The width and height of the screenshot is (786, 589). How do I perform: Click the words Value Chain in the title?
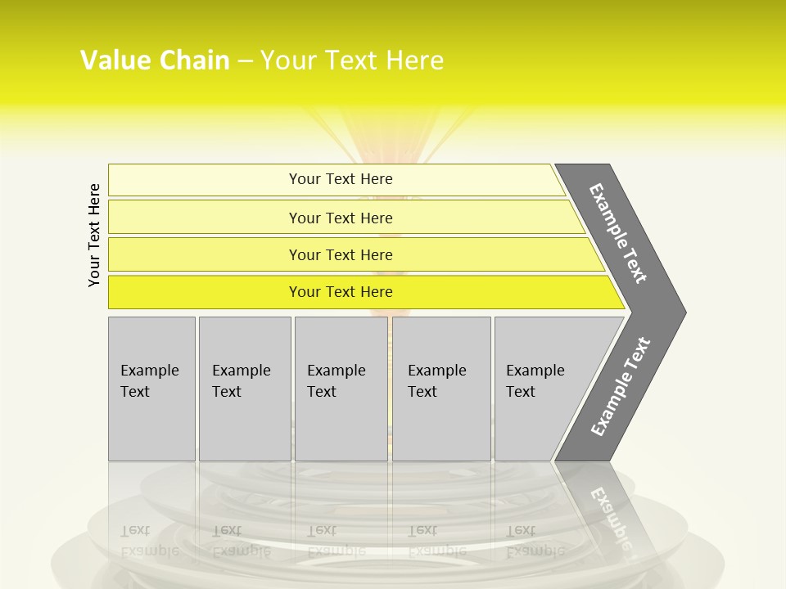coord(155,61)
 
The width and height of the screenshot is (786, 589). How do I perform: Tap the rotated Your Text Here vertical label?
coord(94,235)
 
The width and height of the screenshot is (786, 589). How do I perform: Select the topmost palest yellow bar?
coord(205,180)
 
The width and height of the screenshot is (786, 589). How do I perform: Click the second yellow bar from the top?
coord(205,218)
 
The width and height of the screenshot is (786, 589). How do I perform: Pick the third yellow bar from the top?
coord(205,254)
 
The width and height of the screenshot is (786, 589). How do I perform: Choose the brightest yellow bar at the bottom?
coord(205,292)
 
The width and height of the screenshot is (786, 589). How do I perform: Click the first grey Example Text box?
coord(151,389)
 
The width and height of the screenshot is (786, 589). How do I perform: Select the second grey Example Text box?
coord(244,389)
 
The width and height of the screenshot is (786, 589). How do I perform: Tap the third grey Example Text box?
coord(341,389)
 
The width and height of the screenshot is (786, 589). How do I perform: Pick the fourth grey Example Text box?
coord(441,389)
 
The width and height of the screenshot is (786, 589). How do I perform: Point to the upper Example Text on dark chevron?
coord(619,233)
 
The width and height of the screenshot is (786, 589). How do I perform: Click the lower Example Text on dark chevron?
coord(621,386)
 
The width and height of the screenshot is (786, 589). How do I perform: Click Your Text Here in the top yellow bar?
coord(341,179)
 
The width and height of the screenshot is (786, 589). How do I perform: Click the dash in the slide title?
coord(245,61)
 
